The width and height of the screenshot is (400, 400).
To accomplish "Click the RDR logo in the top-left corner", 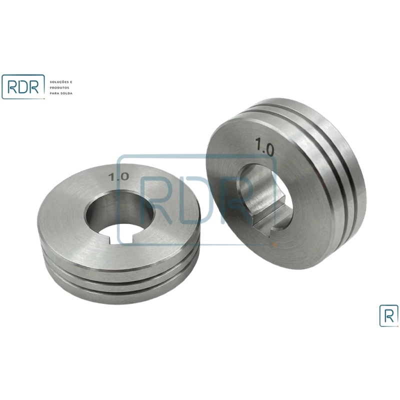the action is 23,86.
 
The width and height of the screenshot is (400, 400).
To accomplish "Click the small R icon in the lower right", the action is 389,315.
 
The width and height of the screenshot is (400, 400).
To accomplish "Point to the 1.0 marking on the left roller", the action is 118,176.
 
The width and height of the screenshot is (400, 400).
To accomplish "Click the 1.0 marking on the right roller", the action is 265,146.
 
